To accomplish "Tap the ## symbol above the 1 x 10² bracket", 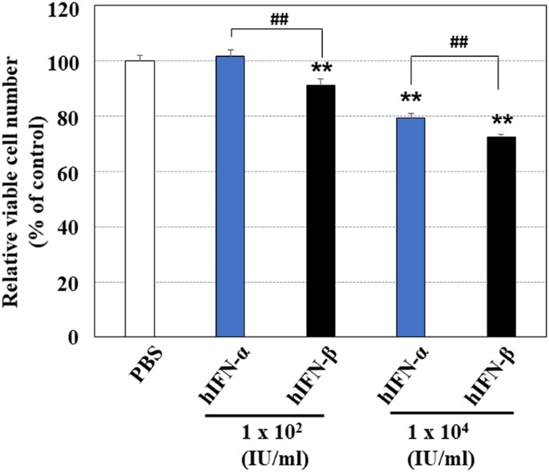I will [277, 18].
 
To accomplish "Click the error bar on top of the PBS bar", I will [139, 57].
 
